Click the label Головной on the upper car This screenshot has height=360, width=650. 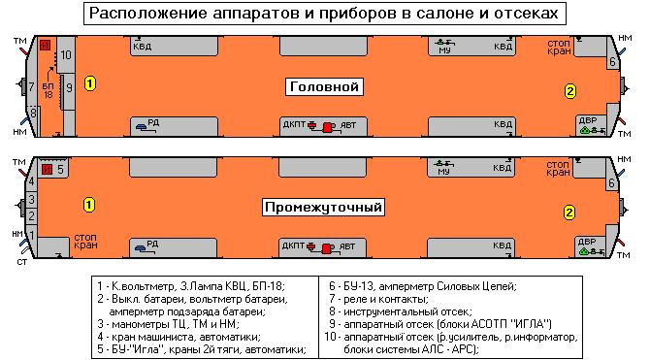coord(324,86)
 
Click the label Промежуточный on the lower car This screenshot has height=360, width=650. coord(323,207)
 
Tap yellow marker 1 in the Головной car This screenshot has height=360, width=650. coord(90,83)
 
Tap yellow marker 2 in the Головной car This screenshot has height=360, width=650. coord(570,91)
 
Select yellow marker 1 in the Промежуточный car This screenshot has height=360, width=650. coord(89,205)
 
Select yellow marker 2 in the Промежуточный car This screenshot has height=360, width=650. coord(569,213)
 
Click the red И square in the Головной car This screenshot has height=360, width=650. coord(45,45)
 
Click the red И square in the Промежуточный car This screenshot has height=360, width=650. coord(48,169)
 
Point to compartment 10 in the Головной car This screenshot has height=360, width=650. coord(66,54)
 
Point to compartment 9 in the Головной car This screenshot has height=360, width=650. coord(69,88)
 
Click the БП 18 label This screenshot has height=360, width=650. coord(49,91)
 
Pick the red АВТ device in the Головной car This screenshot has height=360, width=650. coord(328,127)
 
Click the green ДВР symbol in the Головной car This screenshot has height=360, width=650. coord(585,130)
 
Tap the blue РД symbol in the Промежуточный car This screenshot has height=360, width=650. coord(141,248)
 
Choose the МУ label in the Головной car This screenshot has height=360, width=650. coord(444,50)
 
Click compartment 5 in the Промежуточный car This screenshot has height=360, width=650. coord(60,169)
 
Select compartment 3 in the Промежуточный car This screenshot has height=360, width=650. coord(31,200)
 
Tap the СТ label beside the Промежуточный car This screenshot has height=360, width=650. coord(22,262)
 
